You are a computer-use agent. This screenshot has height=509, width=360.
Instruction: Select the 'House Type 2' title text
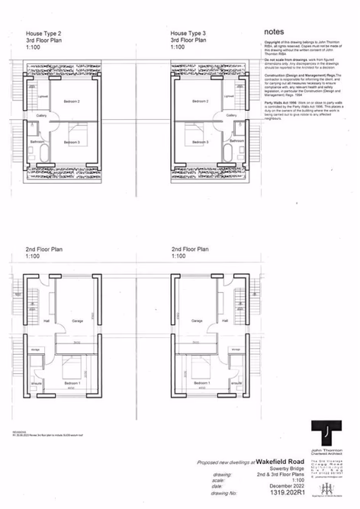[43, 34]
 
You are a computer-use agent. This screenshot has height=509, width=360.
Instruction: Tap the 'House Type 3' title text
[188, 34]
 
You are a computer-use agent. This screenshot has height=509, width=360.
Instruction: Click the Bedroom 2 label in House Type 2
[72, 101]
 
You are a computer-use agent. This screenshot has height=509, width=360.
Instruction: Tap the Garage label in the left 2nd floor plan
[77, 321]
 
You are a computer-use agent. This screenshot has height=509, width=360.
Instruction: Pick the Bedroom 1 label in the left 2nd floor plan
[72, 382]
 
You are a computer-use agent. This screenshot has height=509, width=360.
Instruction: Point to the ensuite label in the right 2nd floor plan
[235, 384]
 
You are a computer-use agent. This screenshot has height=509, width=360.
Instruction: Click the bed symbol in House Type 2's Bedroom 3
[79, 131]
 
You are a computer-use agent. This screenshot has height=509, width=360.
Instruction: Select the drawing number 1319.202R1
[284, 495]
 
